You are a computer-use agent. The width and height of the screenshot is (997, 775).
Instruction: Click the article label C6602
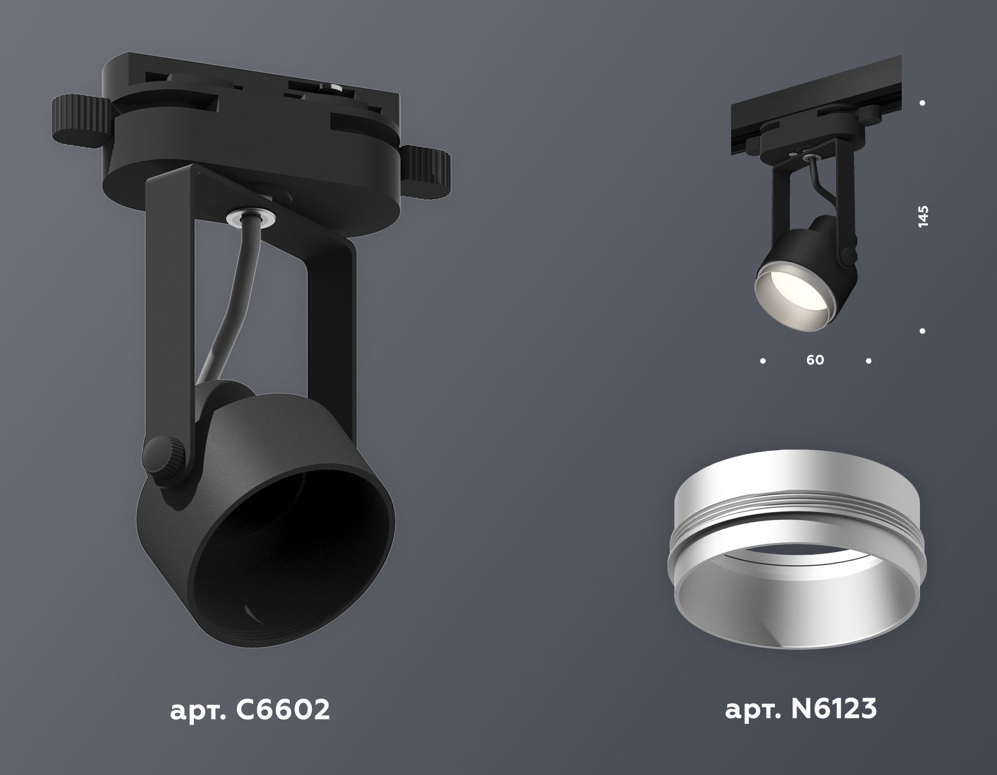(250, 710)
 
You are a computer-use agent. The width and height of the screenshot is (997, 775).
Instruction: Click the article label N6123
(801, 710)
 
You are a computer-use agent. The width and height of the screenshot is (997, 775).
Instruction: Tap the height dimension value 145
(922, 216)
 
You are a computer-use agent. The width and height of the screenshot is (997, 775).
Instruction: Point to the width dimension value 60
(815, 360)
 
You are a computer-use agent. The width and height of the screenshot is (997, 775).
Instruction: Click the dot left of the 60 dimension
(763, 361)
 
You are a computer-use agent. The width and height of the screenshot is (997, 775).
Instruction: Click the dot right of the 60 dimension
(868, 361)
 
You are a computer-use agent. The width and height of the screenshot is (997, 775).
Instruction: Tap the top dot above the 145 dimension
(922, 103)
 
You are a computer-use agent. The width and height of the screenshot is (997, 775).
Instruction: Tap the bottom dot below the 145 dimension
(922, 331)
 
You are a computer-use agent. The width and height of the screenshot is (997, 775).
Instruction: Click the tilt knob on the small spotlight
(847, 254)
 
